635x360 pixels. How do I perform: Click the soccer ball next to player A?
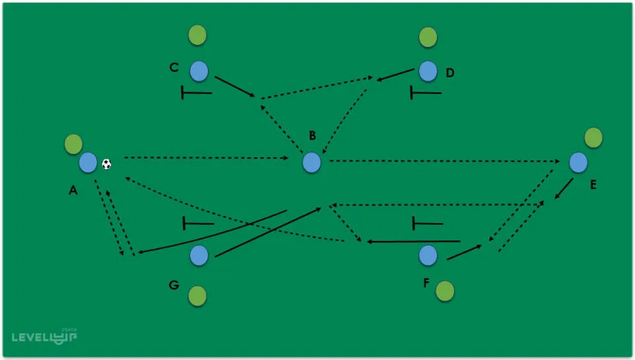[x=107, y=163]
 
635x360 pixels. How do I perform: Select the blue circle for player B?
[x=312, y=162]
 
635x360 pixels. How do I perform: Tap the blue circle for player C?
[x=199, y=71]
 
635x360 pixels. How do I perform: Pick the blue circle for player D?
[x=428, y=71]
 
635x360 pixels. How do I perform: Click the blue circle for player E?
[x=578, y=162]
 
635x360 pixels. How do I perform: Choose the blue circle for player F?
[x=428, y=255]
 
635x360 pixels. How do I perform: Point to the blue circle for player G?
[x=199, y=255]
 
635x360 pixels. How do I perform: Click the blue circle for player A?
[x=88, y=162]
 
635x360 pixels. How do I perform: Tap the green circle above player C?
[x=197, y=36]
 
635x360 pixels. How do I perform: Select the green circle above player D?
[x=428, y=37]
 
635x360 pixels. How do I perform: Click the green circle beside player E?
[x=593, y=137]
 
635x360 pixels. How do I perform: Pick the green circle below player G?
[x=197, y=297]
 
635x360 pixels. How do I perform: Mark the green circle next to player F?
[x=445, y=290]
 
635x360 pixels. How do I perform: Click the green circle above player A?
[x=73, y=143]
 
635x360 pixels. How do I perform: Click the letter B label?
[x=312, y=136]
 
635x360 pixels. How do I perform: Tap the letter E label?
[x=593, y=185]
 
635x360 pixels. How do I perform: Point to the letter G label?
[x=174, y=285]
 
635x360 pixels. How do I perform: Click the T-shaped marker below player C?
[x=196, y=92]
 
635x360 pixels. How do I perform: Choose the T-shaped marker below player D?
[x=425, y=92]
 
